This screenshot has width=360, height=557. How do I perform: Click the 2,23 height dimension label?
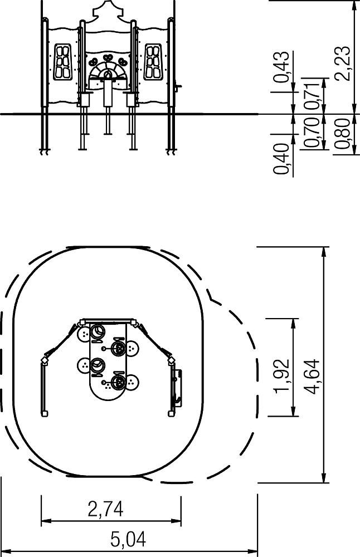tap(344, 63)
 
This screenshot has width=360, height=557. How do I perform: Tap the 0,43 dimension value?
tap(282, 67)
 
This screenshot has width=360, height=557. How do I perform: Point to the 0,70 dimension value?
tap(312, 133)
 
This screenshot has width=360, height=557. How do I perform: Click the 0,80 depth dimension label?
tap(342, 134)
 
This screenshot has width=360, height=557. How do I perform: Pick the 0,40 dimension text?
tap(280, 158)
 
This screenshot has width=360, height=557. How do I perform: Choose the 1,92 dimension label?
tap(282, 376)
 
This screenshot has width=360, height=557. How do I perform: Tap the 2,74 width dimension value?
tap(105, 509)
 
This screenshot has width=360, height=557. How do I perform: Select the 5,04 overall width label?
tap(128, 540)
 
